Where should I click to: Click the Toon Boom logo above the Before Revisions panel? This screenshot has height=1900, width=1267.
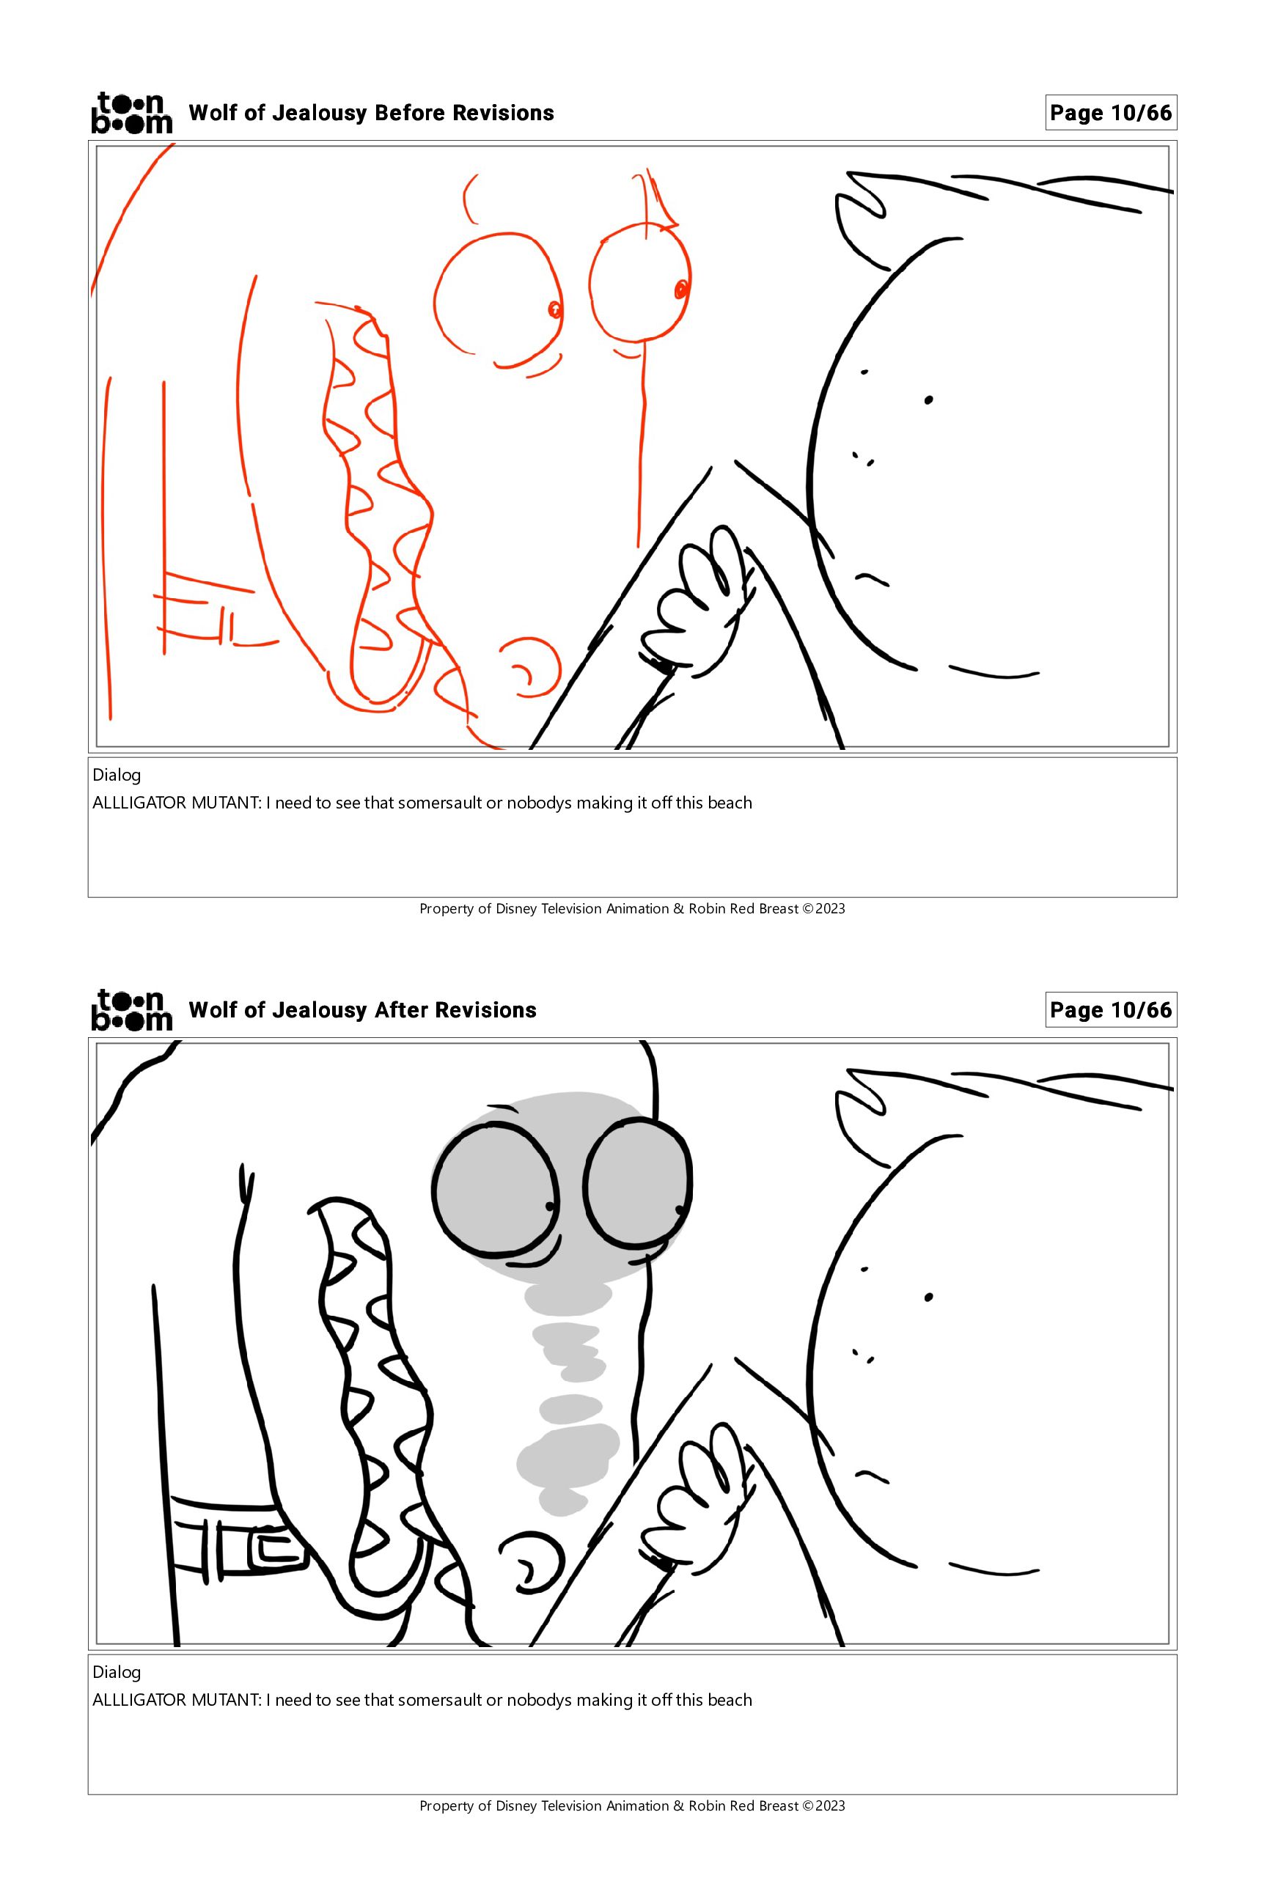click(x=132, y=112)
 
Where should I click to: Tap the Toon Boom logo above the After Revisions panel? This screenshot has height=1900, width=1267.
click(x=132, y=1010)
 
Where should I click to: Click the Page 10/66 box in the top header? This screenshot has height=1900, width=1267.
click(x=1110, y=113)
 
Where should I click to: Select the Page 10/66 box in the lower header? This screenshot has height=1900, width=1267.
click(x=1110, y=1010)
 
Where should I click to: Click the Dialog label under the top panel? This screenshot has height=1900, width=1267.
click(x=117, y=776)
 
